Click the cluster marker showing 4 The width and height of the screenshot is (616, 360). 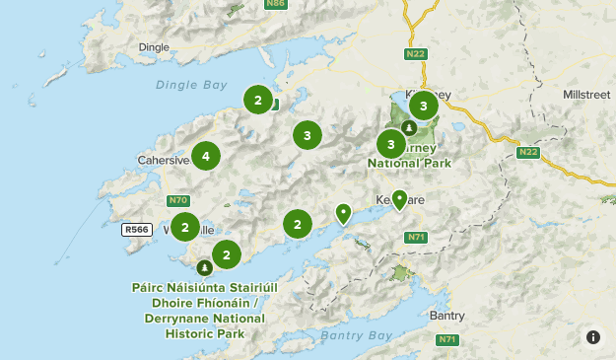205,156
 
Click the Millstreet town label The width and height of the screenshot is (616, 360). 586,95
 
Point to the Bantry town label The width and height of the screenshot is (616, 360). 446,316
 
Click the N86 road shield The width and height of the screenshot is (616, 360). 278,4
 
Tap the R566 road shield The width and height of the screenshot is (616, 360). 136,229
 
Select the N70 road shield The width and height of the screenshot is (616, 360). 178,200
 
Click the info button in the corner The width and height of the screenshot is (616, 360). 593,337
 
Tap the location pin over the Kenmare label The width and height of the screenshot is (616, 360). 399,199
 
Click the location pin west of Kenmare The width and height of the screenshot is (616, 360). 343,212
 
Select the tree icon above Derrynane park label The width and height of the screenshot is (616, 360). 204,267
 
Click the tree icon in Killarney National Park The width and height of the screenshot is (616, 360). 408,127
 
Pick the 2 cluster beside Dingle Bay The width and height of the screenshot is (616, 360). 257,100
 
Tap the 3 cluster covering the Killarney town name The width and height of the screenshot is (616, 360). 423,105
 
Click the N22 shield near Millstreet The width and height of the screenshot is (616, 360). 528,152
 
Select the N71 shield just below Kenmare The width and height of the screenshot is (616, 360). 416,237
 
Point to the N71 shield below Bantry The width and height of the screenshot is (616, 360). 448,339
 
